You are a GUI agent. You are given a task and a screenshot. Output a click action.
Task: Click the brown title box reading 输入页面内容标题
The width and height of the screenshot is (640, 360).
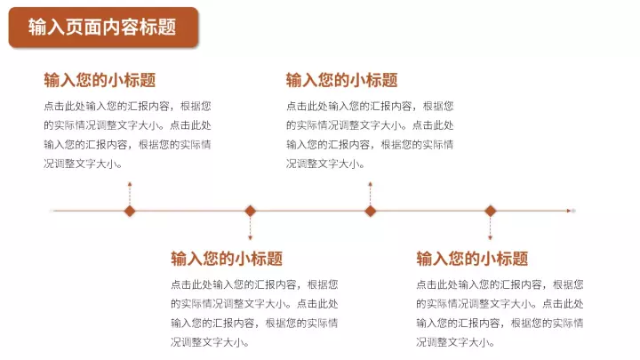click(x=103, y=28)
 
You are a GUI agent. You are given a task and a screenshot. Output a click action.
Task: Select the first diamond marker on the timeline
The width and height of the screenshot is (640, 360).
click(x=130, y=211)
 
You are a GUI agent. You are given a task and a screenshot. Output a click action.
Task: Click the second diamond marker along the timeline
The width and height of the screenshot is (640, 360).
click(x=250, y=211)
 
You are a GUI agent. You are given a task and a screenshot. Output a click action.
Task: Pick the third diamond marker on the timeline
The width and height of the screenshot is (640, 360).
click(x=370, y=211)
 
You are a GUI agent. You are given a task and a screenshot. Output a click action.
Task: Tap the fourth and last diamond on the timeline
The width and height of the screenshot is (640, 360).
click(x=490, y=211)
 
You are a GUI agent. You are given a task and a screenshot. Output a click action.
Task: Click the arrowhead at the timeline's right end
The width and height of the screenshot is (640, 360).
click(x=569, y=211)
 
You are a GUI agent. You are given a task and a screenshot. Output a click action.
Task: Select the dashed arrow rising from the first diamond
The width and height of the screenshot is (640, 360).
click(x=130, y=194)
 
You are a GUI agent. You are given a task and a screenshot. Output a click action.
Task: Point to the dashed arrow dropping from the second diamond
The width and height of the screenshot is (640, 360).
click(x=250, y=228)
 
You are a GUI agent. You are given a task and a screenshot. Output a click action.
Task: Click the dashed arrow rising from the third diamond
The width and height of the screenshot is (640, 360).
click(x=370, y=194)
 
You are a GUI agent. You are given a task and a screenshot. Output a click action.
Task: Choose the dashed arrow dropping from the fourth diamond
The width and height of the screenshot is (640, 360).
click(x=490, y=228)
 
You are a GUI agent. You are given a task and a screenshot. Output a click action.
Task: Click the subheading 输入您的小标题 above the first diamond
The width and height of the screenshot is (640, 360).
click(x=100, y=80)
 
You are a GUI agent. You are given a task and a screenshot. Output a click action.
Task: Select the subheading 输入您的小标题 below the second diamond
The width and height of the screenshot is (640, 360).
click(x=227, y=259)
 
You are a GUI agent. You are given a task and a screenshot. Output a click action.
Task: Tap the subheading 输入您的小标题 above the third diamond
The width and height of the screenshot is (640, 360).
click(x=342, y=80)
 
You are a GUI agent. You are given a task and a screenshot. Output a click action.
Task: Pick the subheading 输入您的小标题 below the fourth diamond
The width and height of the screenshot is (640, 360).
click(x=472, y=259)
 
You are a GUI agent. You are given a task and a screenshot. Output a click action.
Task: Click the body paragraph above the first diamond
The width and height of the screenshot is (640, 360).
click(x=127, y=135)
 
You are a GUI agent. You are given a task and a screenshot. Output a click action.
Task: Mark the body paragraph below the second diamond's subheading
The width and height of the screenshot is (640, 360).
click(x=254, y=314)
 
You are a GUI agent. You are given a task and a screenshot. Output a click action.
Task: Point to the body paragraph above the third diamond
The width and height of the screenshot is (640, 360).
click(x=370, y=135)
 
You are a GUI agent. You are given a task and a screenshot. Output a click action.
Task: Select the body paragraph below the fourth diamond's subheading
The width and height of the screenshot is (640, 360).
click(x=500, y=314)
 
